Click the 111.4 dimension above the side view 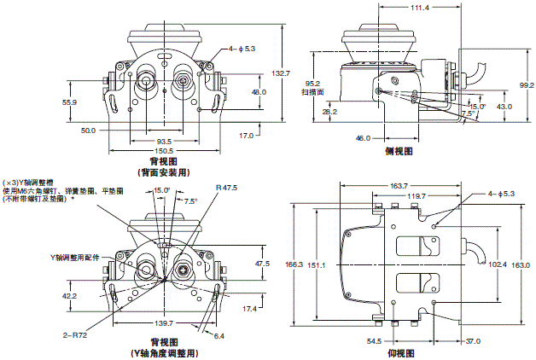pyautogui.click(x=394, y=7)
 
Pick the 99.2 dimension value pyautogui.click(x=526, y=85)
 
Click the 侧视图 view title pyautogui.click(x=398, y=150)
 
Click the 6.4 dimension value pyautogui.click(x=219, y=336)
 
